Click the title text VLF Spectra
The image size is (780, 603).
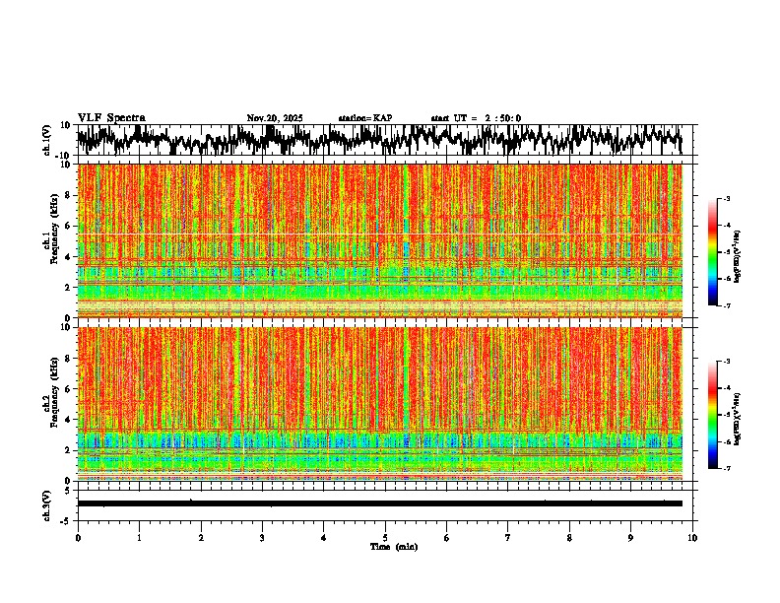coord(111,117)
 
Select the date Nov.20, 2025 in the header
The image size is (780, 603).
coord(275,118)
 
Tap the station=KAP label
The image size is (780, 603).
coord(365,118)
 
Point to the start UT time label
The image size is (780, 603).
coord(476,118)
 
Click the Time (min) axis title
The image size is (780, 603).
coord(393,546)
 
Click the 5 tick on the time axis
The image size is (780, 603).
coord(385,537)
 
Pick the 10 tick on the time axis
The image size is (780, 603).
coord(692,537)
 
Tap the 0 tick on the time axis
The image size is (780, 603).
coord(78,537)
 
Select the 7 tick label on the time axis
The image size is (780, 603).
coord(508,537)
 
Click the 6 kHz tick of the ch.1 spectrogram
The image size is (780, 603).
coord(69,226)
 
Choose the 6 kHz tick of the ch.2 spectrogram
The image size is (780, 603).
coord(69,388)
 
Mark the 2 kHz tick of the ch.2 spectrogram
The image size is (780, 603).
coord(69,449)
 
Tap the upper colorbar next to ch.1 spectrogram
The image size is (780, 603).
coord(723,252)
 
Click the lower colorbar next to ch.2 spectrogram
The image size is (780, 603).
coord(723,415)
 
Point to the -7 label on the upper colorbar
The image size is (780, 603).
coord(735,306)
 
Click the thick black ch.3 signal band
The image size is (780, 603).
coord(379,503)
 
